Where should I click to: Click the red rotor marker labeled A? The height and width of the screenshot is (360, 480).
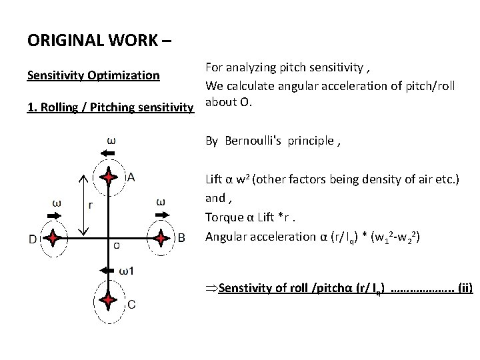pyautogui.click(x=108, y=178)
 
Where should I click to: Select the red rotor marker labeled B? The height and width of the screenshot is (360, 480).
pyautogui.click(x=161, y=237)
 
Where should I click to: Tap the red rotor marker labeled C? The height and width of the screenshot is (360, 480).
pyautogui.click(x=108, y=301)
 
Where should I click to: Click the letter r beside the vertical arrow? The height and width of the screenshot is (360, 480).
pyautogui.click(x=91, y=205)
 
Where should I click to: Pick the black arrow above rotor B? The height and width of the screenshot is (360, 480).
pyautogui.click(x=161, y=215)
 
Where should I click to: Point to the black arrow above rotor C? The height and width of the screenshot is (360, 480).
pyautogui.click(x=107, y=271)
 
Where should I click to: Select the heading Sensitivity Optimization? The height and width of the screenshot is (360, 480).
pyautogui.click(x=93, y=75)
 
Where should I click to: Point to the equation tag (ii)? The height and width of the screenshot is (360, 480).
pyautogui.click(x=461, y=288)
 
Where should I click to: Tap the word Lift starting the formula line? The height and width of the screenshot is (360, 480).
pyautogui.click(x=215, y=179)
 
